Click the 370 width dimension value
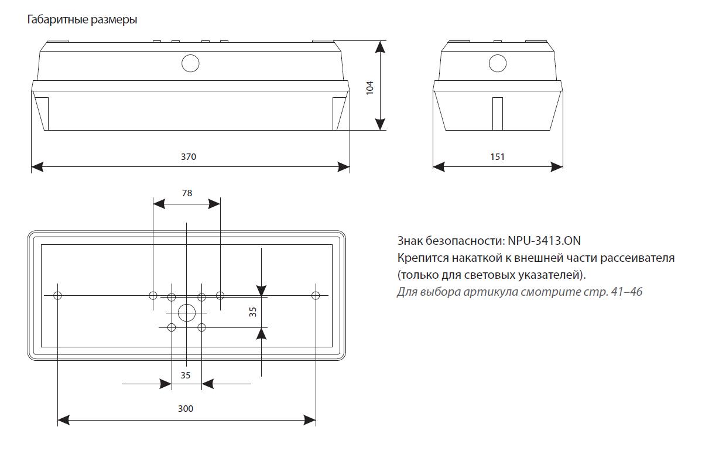point(189,157)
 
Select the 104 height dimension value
point(369,87)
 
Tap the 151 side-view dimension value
point(497,156)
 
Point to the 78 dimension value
point(187,193)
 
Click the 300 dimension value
point(186,408)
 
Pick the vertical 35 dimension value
point(253,312)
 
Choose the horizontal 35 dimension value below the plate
point(186,375)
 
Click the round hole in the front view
point(190,63)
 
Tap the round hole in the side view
point(498,62)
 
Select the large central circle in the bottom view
point(186,312)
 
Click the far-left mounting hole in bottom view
point(57,295)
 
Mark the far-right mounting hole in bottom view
point(316,295)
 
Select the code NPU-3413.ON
point(545,241)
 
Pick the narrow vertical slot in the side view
point(498,114)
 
